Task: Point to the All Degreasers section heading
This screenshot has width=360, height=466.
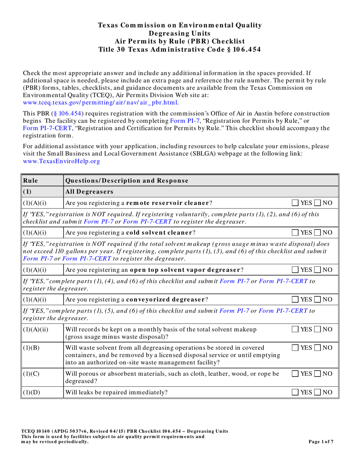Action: click(x=89, y=192)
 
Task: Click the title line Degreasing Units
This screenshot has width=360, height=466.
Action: click(x=180, y=33)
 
